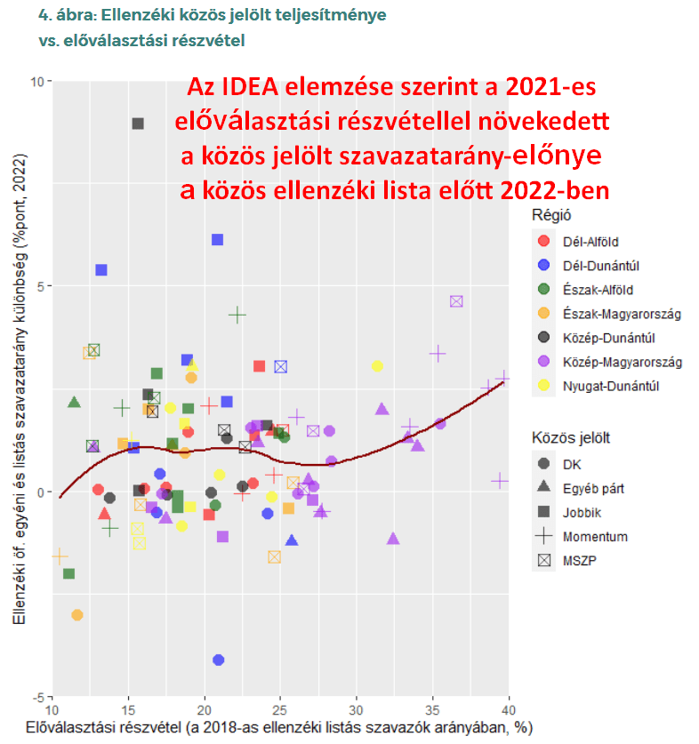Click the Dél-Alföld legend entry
click(590, 241)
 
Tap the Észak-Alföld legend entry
click(598, 289)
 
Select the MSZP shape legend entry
click(583, 560)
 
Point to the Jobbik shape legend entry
click(583, 512)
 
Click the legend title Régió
click(550, 214)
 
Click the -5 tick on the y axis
click(38, 695)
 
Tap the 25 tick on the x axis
click(280, 710)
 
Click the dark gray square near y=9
click(138, 124)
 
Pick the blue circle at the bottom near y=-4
click(218, 660)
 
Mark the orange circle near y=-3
click(77, 614)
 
